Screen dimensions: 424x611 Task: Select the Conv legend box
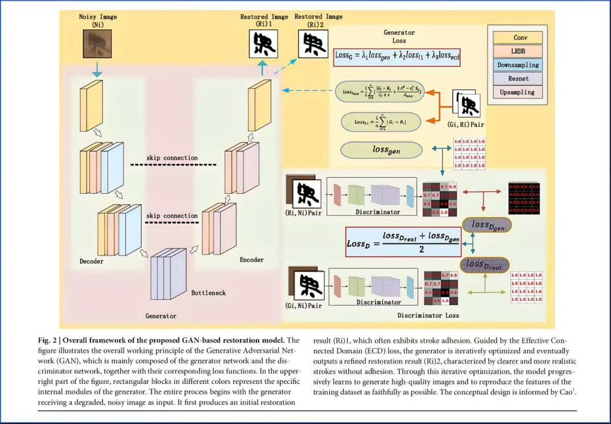click(x=520, y=38)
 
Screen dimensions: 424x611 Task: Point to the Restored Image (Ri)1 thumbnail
click(x=263, y=44)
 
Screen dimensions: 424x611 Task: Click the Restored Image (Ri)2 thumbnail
click(x=313, y=44)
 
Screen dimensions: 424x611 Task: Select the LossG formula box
click(x=398, y=56)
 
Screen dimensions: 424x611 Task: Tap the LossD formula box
click(x=403, y=241)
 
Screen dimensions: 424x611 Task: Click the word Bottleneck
click(x=208, y=293)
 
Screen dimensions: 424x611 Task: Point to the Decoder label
click(x=92, y=261)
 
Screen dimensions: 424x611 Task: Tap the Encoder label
click(x=251, y=260)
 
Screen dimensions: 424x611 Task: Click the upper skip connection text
click(x=172, y=158)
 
